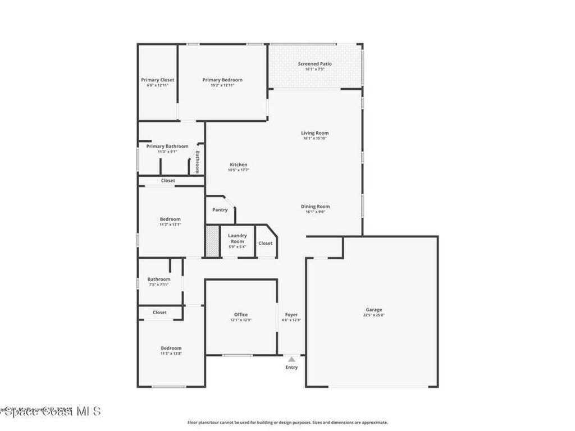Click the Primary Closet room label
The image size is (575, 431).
tap(157, 80)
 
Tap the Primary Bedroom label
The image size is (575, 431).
tap(222, 80)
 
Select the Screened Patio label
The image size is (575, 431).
tap(314, 64)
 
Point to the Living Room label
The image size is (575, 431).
tap(314, 133)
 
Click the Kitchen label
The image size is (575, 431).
tap(238, 164)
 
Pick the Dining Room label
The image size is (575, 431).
tap(315, 207)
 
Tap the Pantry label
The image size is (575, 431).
tap(220, 210)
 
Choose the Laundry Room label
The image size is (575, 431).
tap(238, 239)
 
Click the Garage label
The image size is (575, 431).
tap(374, 310)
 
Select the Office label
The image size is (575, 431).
tap(241, 314)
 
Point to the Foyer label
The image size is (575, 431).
tap(291, 314)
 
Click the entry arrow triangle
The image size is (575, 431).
tap(291, 359)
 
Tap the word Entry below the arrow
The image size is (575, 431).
tap(291, 368)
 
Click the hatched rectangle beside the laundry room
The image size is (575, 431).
tap(212, 241)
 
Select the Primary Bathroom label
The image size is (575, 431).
tap(167, 146)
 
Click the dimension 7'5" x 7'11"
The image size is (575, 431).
tap(159, 285)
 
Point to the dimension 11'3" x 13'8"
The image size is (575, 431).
tap(171, 354)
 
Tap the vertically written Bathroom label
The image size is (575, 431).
tap(198, 161)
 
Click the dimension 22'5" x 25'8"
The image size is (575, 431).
tap(374, 315)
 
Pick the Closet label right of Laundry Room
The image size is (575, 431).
tap(265, 243)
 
